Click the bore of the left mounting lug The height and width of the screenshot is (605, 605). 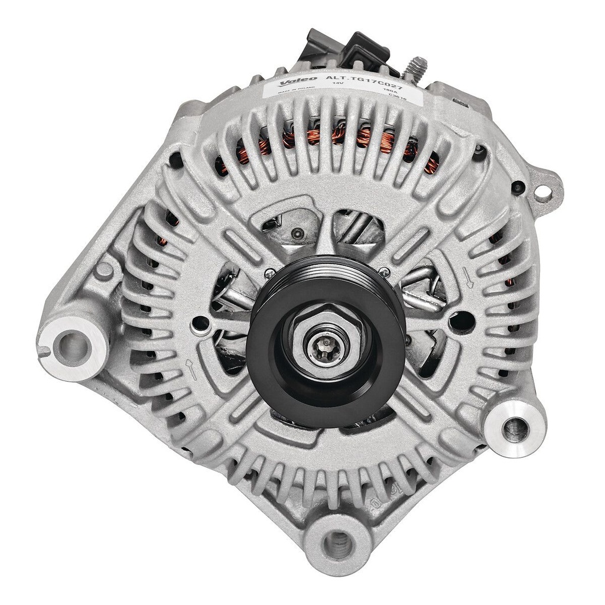point(72,342)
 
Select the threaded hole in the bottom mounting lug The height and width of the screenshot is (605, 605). point(338,539)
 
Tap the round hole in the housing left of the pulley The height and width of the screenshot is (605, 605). point(203,324)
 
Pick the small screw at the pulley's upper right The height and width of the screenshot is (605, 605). point(385,272)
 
